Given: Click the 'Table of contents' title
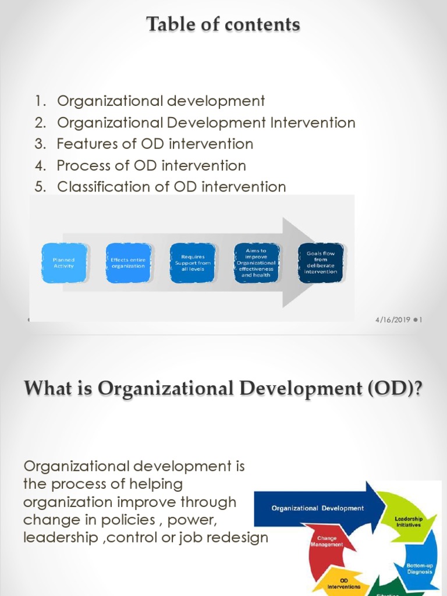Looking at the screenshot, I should [x=223, y=24].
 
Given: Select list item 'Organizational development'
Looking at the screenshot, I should [x=161, y=101].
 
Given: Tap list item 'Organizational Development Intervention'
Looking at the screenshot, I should [x=205, y=122].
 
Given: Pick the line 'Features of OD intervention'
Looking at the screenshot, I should [x=155, y=144].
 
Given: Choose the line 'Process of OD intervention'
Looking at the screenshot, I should [x=151, y=165].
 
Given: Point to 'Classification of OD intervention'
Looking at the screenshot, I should [x=171, y=187].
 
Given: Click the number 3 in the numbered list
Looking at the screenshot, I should [x=40, y=144].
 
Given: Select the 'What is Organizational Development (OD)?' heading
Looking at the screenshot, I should [x=223, y=388].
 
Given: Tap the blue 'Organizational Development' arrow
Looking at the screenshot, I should [x=318, y=508].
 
